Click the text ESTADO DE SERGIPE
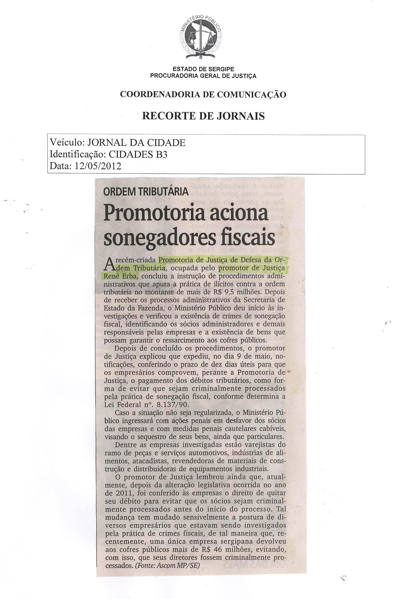tap(201, 69)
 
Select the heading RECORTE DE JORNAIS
tap(203, 116)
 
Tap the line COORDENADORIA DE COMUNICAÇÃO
tap(203, 94)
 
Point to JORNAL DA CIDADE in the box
tap(136, 143)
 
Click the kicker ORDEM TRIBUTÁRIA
tap(146, 192)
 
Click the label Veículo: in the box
tap(67, 143)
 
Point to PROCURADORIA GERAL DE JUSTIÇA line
tap(203, 76)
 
